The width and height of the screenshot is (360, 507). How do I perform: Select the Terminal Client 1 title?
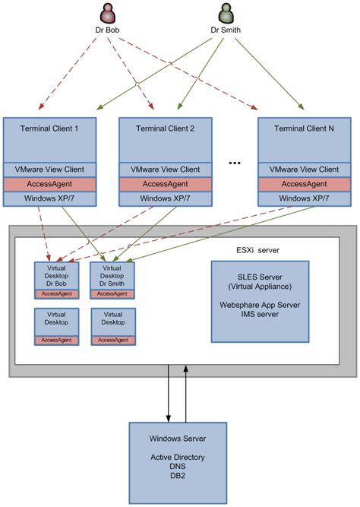50,128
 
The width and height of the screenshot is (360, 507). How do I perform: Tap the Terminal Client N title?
305,128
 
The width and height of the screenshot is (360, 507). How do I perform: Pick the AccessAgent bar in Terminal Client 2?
166,184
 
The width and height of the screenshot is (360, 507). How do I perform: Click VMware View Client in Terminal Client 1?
50,170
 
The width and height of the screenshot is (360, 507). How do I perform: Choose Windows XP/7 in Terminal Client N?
305,198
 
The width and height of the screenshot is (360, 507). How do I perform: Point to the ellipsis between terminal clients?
235,163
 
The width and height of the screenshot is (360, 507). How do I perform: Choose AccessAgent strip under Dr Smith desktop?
112,294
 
